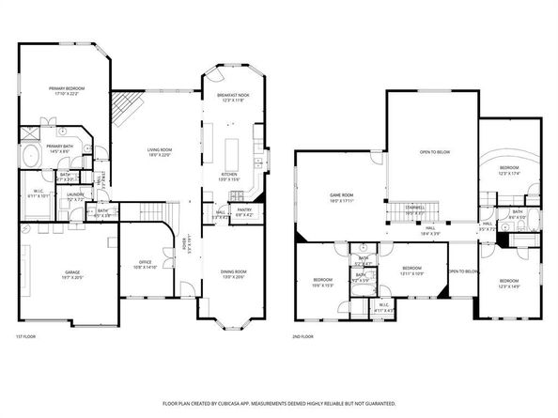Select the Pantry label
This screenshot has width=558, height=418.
[245, 211]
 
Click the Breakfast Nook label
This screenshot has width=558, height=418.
[233, 96]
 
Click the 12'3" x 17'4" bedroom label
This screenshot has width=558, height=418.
[509, 169]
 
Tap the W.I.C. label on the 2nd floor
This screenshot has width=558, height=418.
[383, 306]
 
